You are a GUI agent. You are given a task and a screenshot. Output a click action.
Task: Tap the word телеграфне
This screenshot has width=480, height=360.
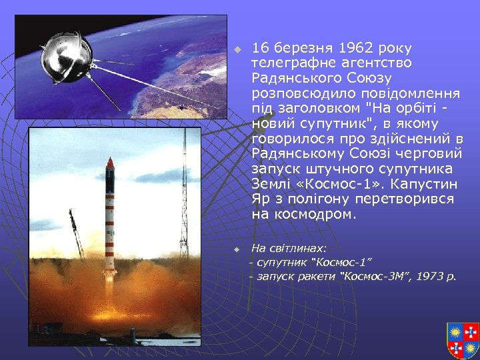click(291, 63)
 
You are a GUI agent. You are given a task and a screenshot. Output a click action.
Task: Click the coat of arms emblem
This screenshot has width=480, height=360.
click(463, 339)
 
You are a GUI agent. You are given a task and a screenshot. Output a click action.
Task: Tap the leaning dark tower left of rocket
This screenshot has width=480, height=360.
click(76, 233)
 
